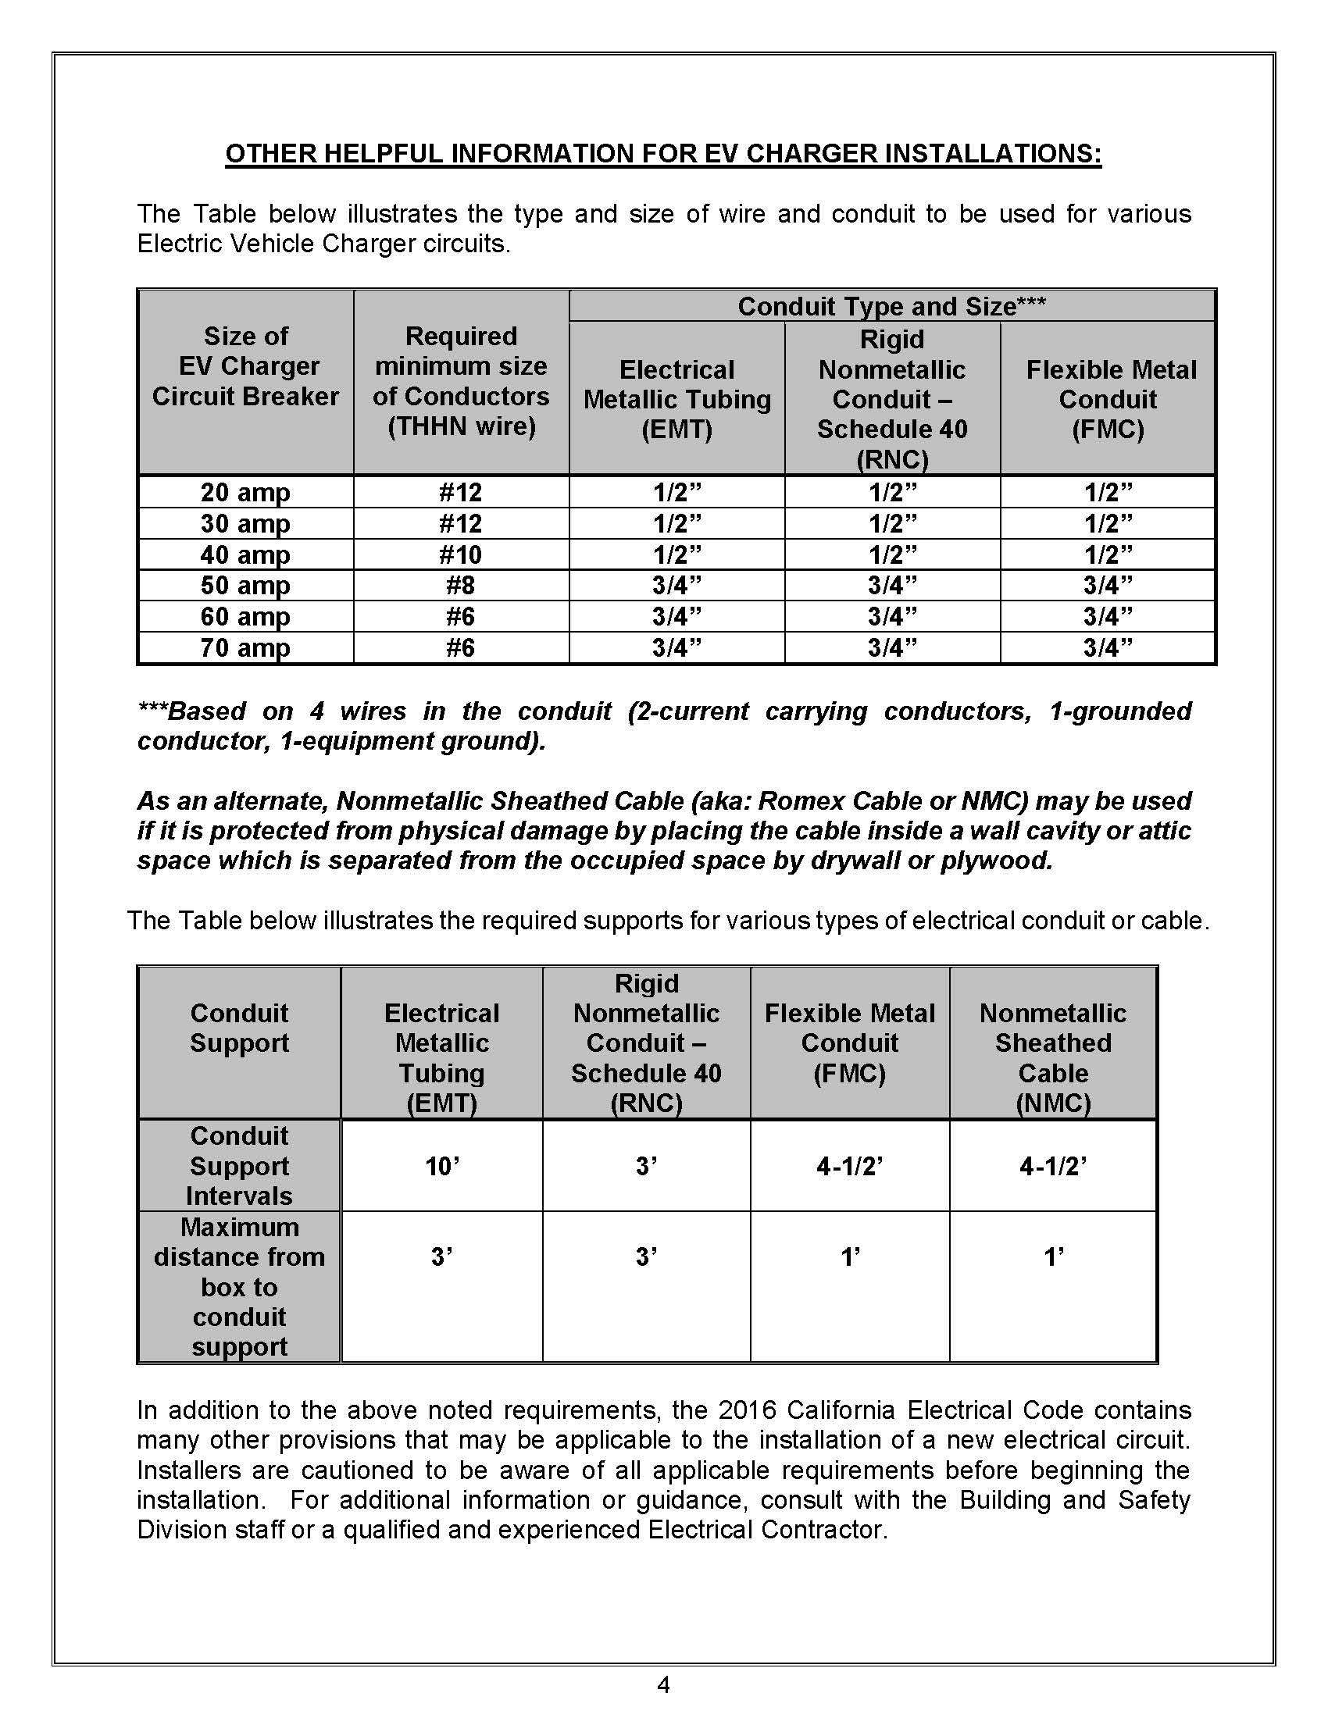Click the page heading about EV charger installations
(663, 153)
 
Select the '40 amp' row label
(245, 554)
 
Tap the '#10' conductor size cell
(460, 554)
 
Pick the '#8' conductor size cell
(460, 585)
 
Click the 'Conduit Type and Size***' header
(891, 306)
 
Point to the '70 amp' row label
(245, 647)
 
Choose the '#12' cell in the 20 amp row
(460, 493)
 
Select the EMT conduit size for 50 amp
(676, 585)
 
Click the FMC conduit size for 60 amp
(1108, 616)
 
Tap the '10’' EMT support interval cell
(442, 1165)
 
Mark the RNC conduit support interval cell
(646, 1165)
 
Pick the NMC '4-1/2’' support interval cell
(1053, 1165)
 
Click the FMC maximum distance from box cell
(850, 1257)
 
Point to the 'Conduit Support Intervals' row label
(239, 1165)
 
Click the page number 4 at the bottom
(663, 1684)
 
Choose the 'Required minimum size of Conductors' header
(461, 381)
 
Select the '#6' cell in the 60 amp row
(460, 616)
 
